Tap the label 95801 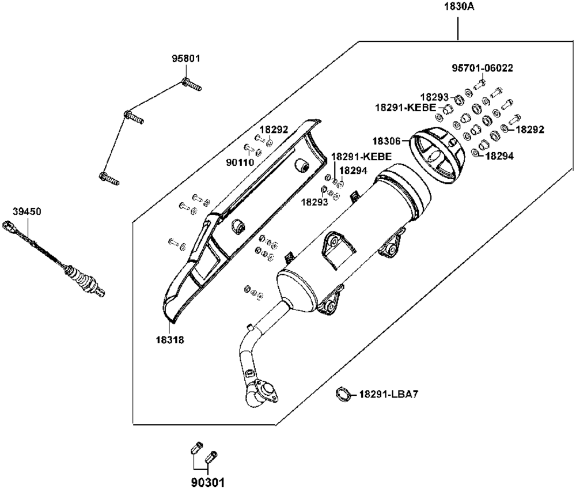point(186,58)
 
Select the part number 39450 point(27,212)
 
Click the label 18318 point(170,340)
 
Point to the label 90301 point(207,482)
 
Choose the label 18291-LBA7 point(388,395)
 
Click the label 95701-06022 point(482,69)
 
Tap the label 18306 point(386,141)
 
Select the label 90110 point(240,162)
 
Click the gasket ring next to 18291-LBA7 point(342,395)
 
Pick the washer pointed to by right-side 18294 point(474,153)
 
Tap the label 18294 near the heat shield point(353,171)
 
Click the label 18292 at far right point(530,130)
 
